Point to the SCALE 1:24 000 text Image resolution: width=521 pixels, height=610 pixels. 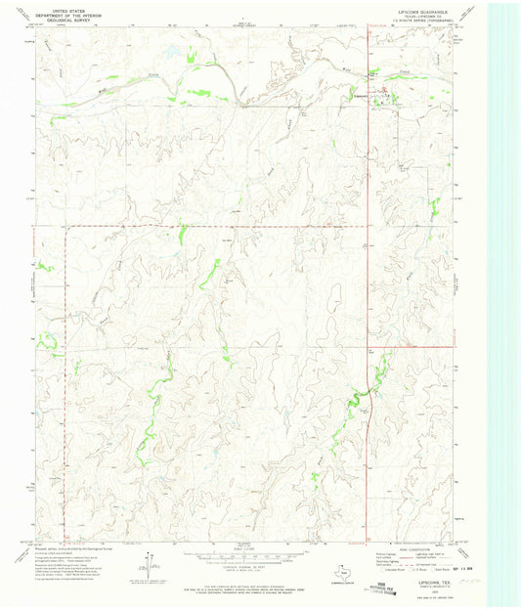pyautogui.click(x=234, y=545)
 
